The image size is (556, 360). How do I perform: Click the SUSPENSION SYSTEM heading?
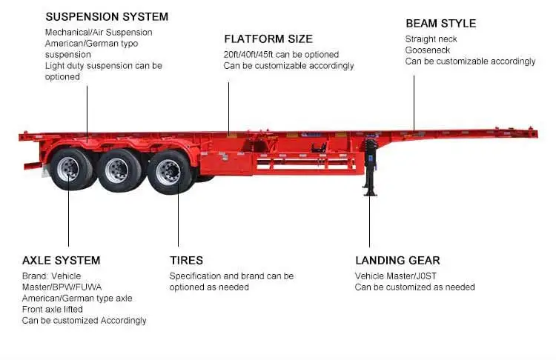107,17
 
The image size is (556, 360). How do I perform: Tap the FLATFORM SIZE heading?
268,39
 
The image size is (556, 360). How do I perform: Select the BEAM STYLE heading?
440,23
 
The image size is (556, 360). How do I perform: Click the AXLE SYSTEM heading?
61,261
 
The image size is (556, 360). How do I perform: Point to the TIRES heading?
186,261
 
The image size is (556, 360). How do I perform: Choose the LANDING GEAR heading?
397,261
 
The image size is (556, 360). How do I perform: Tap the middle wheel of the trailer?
119,170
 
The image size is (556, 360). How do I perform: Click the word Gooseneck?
427,50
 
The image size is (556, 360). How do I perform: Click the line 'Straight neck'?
431,39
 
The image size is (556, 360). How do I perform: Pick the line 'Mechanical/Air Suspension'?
99,33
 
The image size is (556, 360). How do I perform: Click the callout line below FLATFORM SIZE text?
228,107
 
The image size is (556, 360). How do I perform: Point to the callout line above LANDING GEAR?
370,222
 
